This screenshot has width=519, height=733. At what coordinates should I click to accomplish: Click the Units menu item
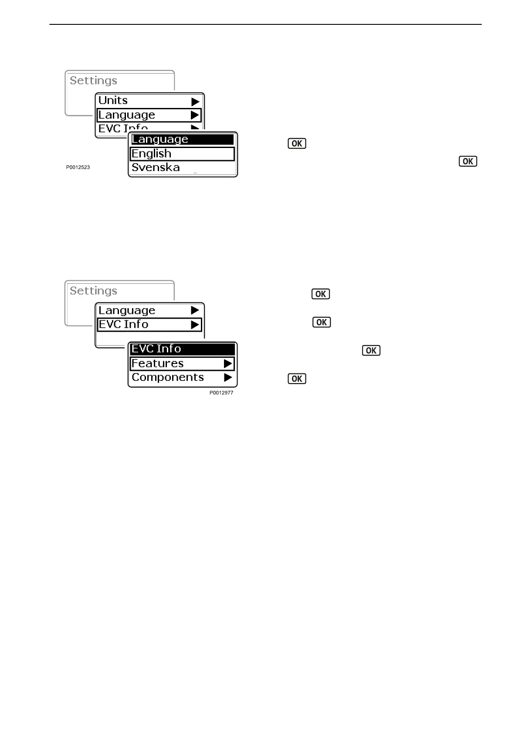pos(113,101)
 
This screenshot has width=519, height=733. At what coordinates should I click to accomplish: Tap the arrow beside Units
pos(195,102)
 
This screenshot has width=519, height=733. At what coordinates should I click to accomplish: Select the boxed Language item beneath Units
pos(127,115)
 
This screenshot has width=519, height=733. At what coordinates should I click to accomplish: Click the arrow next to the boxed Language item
pos(195,115)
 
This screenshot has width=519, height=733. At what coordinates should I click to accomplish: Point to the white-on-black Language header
pos(160,139)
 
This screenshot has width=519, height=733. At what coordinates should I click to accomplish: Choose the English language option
pos(152,154)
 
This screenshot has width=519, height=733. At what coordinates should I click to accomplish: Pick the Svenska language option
pos(156,168)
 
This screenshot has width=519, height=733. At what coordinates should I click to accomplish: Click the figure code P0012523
pos(78,167)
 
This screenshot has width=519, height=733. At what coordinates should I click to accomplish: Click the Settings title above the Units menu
pos(93,81)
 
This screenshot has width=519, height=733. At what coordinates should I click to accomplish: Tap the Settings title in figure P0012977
pos(93,291)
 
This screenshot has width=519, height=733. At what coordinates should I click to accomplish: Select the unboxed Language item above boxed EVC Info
pos(127,310)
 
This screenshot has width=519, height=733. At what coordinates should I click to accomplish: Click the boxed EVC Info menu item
pos(124,325)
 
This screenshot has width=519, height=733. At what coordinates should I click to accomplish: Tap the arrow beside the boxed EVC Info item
pos(195,325)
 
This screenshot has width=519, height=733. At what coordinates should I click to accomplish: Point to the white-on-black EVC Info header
pos(156,349)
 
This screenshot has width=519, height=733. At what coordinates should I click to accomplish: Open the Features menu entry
pos(158,363)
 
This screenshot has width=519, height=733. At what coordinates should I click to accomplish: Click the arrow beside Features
pos(228,363)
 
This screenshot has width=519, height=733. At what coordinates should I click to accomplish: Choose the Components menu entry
pos(168,377)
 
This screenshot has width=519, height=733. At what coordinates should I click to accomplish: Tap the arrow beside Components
pos(228,378)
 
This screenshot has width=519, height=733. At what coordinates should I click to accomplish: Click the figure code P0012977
pos(221,393)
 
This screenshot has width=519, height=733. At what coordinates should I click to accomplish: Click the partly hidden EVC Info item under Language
pos(123,128)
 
